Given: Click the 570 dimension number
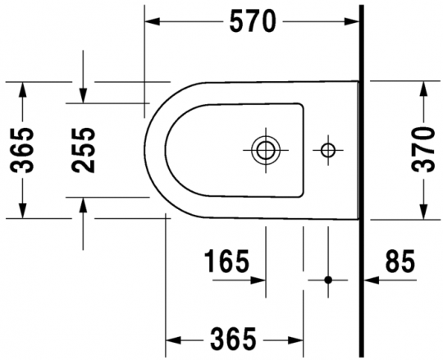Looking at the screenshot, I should coord(252,23).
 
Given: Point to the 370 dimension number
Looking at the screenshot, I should coord(424,149).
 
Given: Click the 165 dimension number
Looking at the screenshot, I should coord(226,262).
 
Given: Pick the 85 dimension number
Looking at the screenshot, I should coord(400,262).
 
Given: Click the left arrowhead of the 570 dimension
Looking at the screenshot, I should coord(152,23).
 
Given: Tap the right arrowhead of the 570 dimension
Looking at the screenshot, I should coord(354,23).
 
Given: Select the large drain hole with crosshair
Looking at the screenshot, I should coord(265,149).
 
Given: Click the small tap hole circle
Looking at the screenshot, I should coord(327,149).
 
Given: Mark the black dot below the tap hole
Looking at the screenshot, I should coord(327,280).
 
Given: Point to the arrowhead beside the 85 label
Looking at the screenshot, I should coord(369,280).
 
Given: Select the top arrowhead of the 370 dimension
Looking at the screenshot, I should coord(424,87).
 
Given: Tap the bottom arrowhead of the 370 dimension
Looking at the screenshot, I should coord(424,212).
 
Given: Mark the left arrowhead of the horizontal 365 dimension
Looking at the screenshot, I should coord(172,338).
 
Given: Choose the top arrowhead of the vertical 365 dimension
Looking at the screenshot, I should coord(23,87).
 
